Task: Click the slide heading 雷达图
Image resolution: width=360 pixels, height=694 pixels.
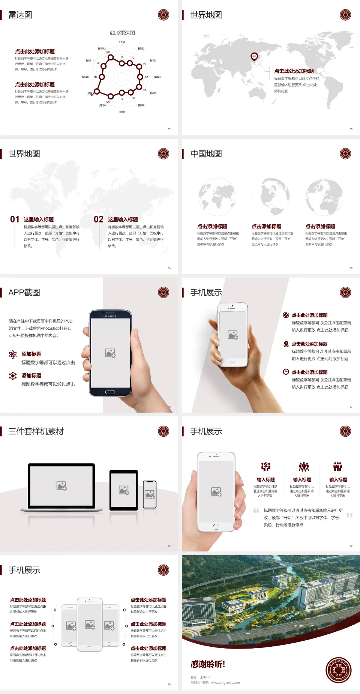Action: (x=20, y=15)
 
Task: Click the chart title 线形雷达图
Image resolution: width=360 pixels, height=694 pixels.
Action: (x=122, y=33)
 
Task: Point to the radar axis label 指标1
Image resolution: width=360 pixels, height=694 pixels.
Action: (x=122, y=42)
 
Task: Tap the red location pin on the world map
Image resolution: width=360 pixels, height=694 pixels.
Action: (x=254, y=57)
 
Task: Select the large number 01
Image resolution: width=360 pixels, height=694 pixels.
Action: (x=15, y=219)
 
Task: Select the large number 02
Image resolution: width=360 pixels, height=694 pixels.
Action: (x=99, y=219)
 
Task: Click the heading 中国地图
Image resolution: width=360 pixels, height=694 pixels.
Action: (x=206, y=154)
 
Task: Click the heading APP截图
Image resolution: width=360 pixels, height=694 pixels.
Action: (x=24, y=293)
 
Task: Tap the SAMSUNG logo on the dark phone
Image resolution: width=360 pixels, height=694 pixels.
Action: (x=110, y=316)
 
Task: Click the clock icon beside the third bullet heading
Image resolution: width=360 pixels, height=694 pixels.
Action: (x=286, y=372)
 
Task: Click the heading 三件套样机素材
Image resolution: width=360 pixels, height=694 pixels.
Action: (x=36, y=431)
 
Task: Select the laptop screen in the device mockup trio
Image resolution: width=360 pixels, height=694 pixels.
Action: (x=61, y=485)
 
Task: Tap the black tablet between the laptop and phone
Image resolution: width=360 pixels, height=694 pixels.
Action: (x=124, y=490)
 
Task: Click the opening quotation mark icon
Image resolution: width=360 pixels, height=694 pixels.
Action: (x=256, y=510)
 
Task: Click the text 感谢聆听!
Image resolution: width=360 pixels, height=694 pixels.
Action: (x=208, y=664)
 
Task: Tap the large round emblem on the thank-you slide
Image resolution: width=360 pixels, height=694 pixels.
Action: (x=338, y=670)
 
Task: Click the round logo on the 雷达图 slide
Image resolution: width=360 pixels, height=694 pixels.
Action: (x=163, y=15)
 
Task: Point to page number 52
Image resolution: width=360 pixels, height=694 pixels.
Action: (x=169, y=129)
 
